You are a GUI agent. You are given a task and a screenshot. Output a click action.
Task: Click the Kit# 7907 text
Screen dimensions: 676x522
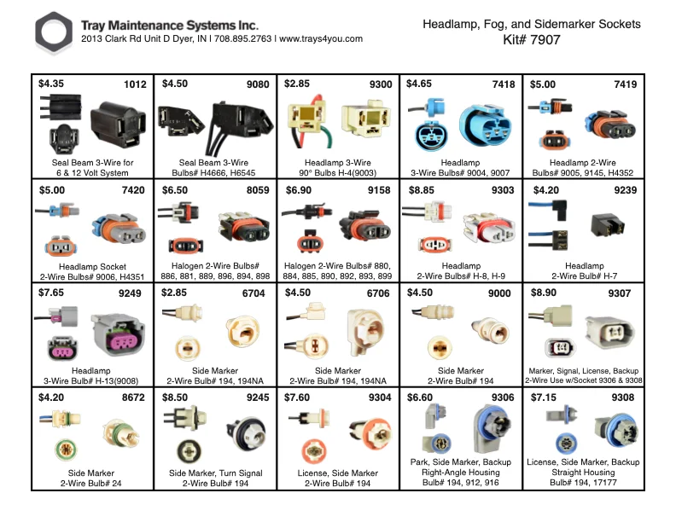click(x=532, y=39)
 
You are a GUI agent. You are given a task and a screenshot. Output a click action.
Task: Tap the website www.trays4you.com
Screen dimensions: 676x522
click(x=321, y=38)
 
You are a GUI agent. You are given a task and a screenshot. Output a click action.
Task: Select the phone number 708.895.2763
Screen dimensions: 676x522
click(x=242, y=38)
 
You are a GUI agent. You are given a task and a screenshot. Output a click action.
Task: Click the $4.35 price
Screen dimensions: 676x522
click(x=51, y=84)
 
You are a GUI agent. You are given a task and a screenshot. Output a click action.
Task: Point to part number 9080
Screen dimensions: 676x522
click(x=258, y=84)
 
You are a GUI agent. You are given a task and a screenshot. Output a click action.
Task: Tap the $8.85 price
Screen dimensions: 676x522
click(x=421, y=190)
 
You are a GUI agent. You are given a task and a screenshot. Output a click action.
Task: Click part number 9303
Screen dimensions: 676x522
click(x=503, y=190)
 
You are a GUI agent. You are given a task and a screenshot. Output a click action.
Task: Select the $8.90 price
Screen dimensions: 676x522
click(x=543, y=293)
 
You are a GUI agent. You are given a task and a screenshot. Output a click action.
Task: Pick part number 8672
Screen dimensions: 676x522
click(x=133, y=397)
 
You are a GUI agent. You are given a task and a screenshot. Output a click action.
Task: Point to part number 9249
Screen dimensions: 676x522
click(x=130, y=293)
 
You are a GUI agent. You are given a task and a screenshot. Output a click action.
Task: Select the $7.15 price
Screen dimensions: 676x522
click(x=543, y=397)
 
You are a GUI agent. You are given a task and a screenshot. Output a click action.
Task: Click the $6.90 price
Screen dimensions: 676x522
click(x=299, y=190)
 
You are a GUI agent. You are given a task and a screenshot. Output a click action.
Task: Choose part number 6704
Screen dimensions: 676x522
click(x=253, y=293)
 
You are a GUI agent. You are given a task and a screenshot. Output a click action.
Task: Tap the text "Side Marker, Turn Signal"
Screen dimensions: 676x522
click(x=216, y=473)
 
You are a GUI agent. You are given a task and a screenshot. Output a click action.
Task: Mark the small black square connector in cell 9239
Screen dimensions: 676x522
click(x=608, y=225)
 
